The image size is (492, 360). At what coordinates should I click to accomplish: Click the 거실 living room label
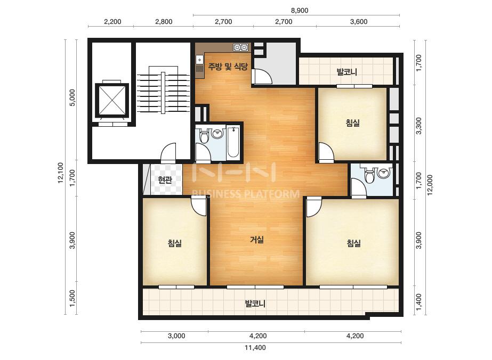pyautogui.click(x=257, y=240)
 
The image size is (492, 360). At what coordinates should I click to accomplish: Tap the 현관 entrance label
pyautogui.click(x=165, y=180)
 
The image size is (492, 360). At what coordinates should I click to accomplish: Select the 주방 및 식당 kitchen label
pyautogui.click(x=228, y=67)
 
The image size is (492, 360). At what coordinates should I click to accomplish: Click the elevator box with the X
pyautogui.click(x=112, y=100)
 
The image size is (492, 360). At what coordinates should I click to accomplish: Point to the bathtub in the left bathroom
pyautogui.click(x=233, y=142)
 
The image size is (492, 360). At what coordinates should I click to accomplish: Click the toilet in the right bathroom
pyautogui.click(x=370, y=175)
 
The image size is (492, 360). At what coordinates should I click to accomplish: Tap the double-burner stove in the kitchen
pyautogui.click(x=240, y=47)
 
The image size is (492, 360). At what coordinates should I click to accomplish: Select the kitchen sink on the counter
pyautogui.click(x=199, y=60)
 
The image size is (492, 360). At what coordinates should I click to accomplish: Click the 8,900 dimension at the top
pyautogui.click(x=300, y=10)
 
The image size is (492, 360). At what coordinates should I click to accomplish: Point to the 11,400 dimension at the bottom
pyautogui.click(x=255, y=347)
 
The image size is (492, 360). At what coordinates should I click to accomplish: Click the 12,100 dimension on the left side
pyautogui.click(x=61, y=173)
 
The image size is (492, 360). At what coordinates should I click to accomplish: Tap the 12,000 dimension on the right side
pyautogui.click(x=430, y=185)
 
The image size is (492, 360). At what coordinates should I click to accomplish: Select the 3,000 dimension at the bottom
pyautogui.click(x=176, y=336)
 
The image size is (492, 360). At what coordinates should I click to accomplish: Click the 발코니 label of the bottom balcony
pyautogui.click(x=255, y=304)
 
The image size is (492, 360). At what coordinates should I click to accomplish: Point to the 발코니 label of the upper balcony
pyautogui.click(x=346, y=72)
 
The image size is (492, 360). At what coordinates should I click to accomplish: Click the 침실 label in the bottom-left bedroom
pyautogui.click(x=175, y=243)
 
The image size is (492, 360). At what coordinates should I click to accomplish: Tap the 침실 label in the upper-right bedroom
pyautogui.click(x=353, y=122)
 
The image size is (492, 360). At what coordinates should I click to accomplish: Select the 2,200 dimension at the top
pyautogui.click(x=112, y=22)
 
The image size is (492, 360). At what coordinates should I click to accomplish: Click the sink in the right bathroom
pyautogui.click(x=384, y=173)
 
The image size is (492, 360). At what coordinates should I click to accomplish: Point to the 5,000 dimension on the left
pyautogui.click(x=72, y=97)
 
